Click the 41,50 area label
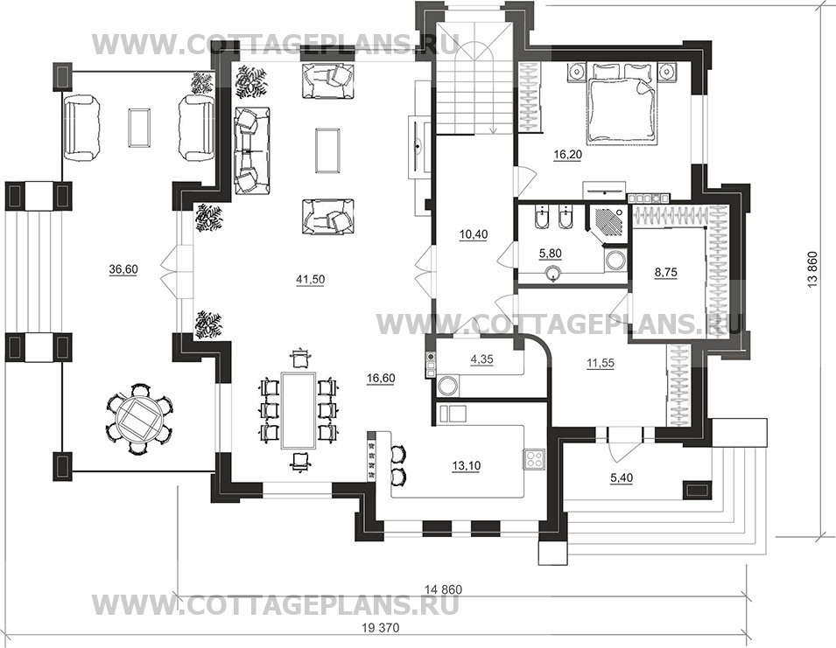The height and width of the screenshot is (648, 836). (310, 280)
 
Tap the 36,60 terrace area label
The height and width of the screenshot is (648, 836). (123, 270)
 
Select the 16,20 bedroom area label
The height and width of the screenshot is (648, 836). (568, 155)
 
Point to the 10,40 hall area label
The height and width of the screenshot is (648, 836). (474, 234)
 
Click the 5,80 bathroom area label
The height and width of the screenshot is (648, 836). (551, 254)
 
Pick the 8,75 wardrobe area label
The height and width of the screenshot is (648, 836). (666, 272)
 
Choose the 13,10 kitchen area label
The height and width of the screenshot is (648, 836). (467, 466)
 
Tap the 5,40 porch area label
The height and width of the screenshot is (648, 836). (622, 478)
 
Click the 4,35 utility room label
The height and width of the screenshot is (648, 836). (482, 359)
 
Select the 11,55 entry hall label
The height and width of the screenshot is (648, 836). (601, 363)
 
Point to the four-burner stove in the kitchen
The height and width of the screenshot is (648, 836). (534, 459)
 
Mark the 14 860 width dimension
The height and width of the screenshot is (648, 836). (444, 589)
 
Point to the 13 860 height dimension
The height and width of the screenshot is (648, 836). (812, 269)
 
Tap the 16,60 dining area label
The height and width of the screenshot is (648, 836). (381, 379)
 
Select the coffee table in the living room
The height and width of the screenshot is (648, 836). (327, 150)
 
